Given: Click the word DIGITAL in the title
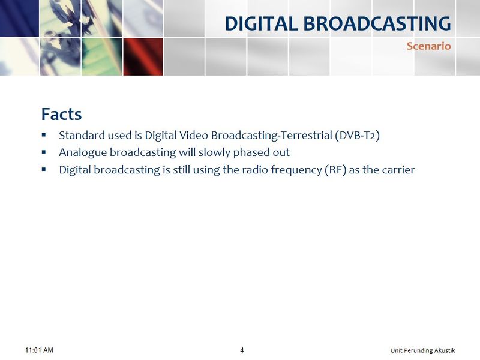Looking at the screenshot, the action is click(261, 23).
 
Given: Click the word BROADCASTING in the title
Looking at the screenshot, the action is click(377, 23).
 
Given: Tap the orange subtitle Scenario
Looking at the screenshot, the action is click(428, 46).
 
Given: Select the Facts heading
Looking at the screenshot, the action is click(62, 114).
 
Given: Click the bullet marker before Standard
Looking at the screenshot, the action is click(44, 134).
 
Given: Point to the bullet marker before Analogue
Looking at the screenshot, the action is click(44, 152).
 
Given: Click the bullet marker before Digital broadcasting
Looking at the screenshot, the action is click(44, 169).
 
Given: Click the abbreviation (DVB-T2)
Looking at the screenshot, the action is click(357, 136).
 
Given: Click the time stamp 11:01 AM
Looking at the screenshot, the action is click(39, 350).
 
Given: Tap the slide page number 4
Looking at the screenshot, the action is click(242, 350).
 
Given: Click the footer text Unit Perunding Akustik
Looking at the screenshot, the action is click(422, 350).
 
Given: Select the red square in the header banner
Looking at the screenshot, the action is click(143, 56).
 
